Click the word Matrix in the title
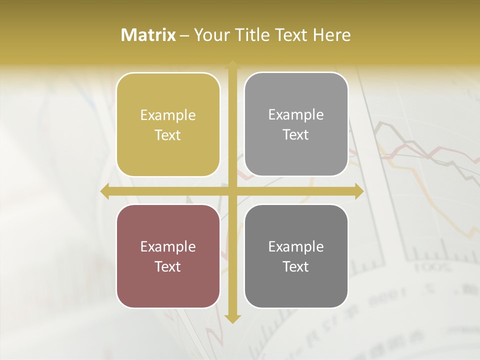click(148, 35)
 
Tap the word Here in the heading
click(331, 35)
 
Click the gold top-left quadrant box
click(168, 125)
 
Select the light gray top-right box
click(296, 124)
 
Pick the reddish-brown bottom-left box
click(168, 256)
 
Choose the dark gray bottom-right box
click(296, 256)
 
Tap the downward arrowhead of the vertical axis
click(232, 318)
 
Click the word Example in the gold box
click(168, 115)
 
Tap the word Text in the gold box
click(168, 135)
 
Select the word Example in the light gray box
click(296, 115)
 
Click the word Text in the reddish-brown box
click(168, 266)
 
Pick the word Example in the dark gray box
click(296, 246)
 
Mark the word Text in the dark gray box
click(296, 266)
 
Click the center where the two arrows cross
click(232, 191)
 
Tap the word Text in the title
click(290, 35)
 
